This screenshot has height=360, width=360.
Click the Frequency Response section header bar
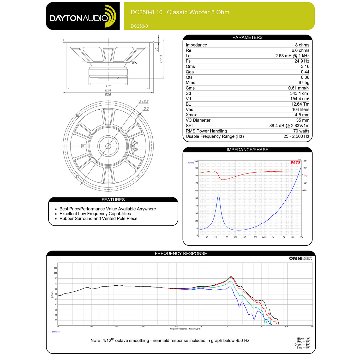tap(180, 254)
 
